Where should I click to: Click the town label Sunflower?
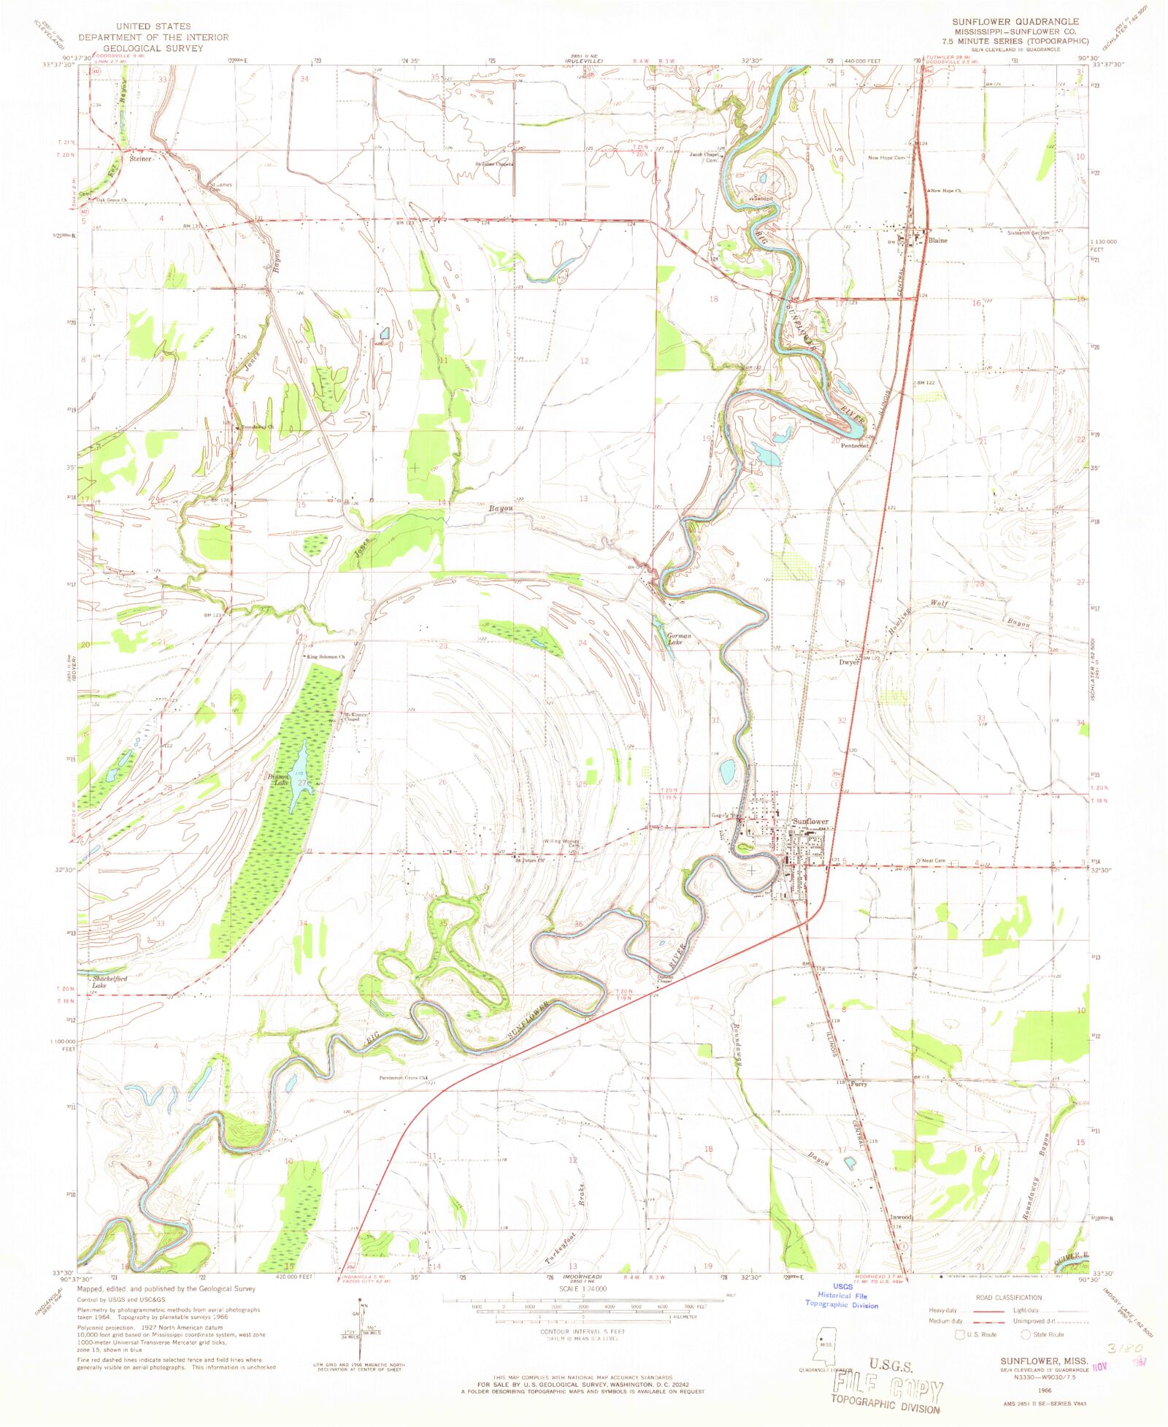coord(810,822)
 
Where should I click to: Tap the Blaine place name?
coord(937,240)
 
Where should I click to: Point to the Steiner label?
coord(140,158)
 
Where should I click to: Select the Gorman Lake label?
coord(679,640)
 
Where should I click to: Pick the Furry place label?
coord(858,1084)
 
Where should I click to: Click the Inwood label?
coord(901,1217)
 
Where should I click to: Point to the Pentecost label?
coord(854,445)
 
